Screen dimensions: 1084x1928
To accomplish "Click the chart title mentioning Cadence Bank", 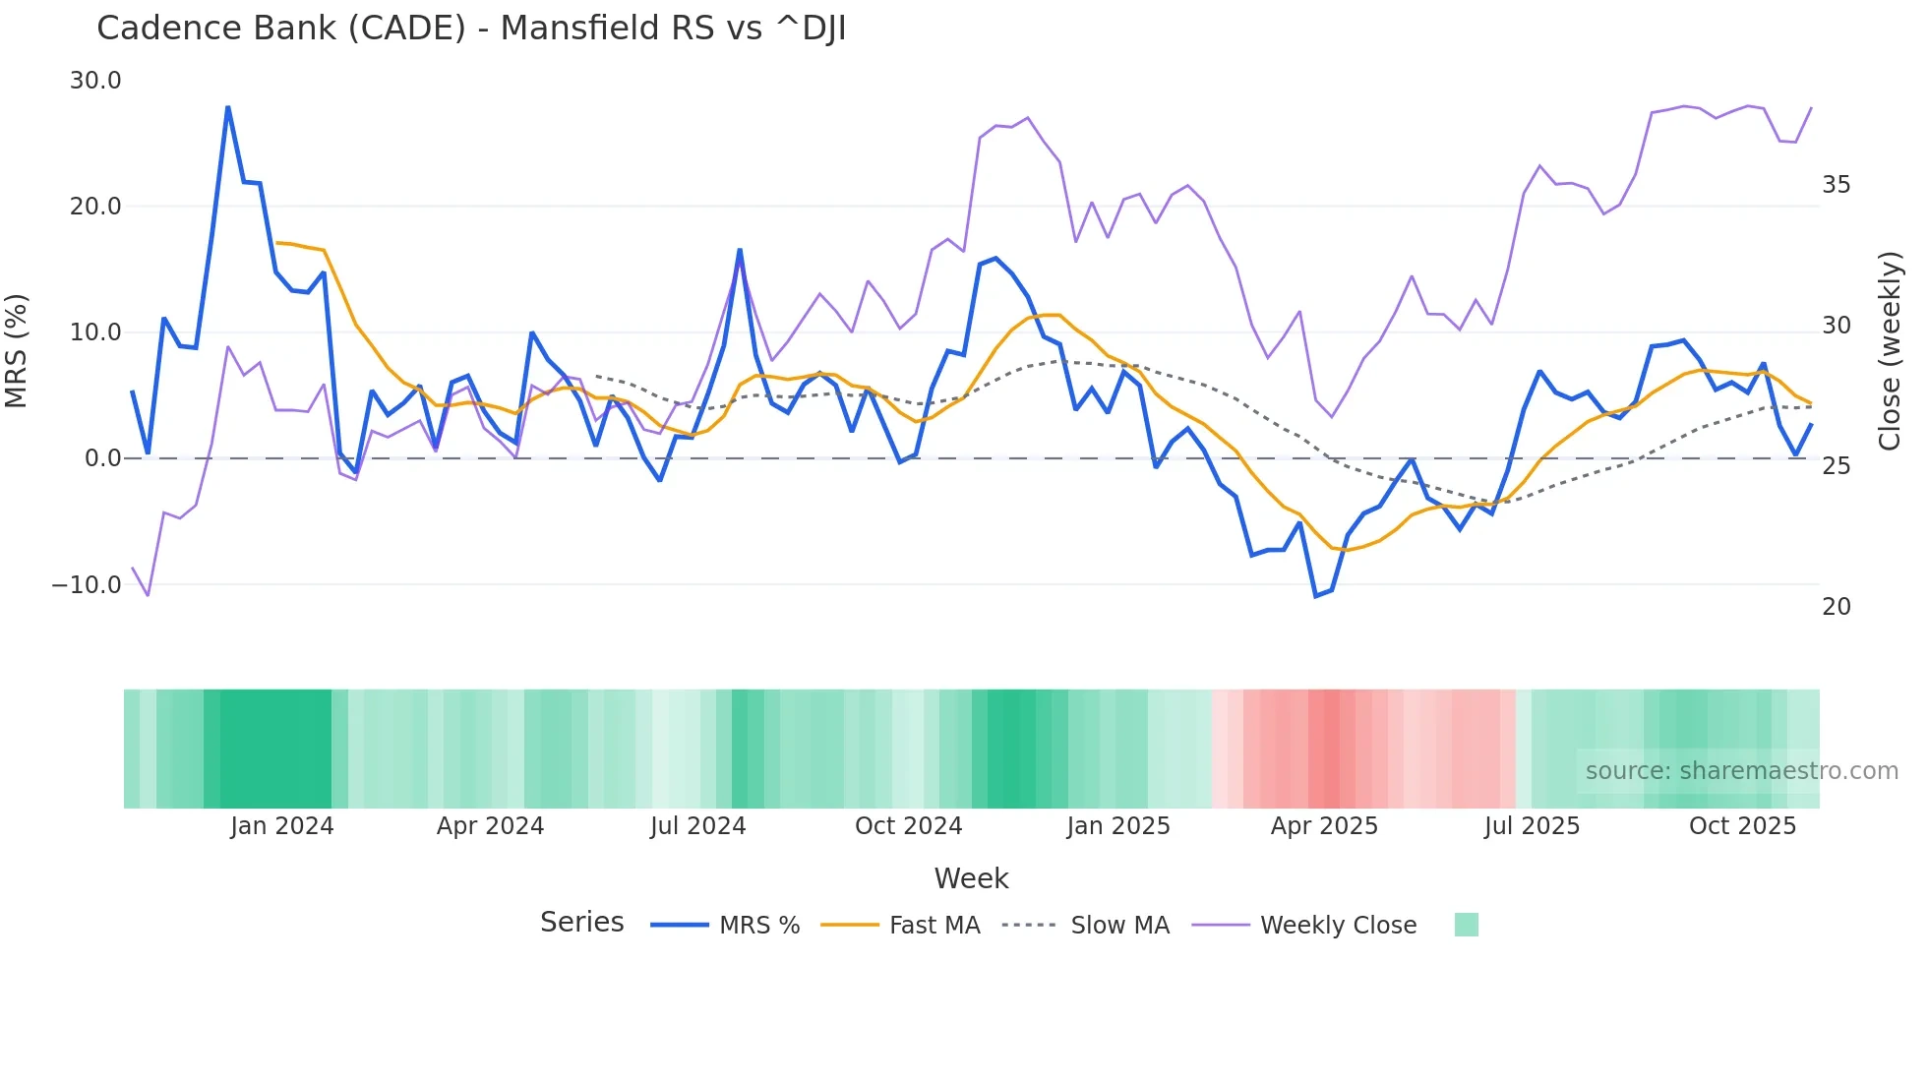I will (471, 29).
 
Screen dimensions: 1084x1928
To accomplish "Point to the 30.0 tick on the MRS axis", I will (95, 81).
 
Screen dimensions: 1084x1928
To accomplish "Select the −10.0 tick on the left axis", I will (87, 585).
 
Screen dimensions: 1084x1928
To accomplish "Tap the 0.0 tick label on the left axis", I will (102, 458).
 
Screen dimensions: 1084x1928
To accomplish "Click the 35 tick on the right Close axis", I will (1836, 185).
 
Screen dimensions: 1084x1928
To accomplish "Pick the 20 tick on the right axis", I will (1836, 607).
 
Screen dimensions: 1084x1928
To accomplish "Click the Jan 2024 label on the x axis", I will (282, 826).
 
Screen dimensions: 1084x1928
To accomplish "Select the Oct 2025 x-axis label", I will (1742, 826).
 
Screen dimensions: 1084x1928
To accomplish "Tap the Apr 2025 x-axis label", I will (1324, 826).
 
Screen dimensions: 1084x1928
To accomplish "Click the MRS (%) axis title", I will (17, 351).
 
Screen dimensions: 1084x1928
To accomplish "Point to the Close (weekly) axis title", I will (1890, 351).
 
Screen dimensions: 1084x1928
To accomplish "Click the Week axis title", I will (971, 878).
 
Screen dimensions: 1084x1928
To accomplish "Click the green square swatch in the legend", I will (1466, 925).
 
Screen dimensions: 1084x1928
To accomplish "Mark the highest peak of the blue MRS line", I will (228, 107).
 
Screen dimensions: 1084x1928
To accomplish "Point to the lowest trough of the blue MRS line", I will (1316, 596).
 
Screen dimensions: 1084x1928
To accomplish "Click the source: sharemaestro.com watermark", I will (1741, 771).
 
